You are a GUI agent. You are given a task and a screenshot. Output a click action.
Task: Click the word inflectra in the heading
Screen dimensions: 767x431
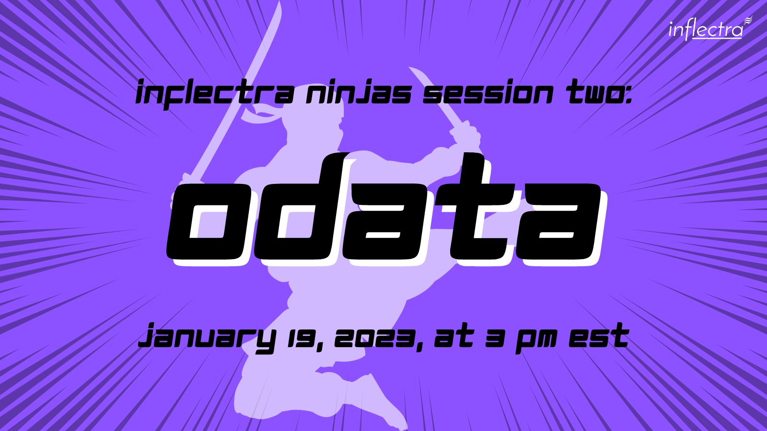coord(214,94)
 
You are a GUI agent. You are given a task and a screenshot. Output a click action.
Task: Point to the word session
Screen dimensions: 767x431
coord(488,94)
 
